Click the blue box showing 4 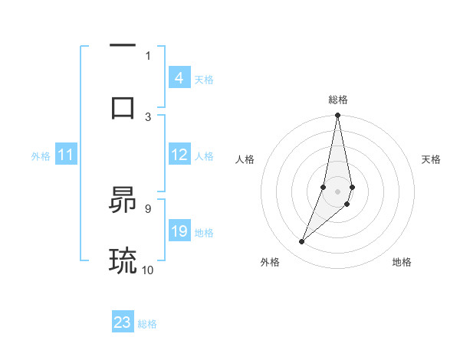pos(179,78)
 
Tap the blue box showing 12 pos(179,155)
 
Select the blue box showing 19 pos(179,231)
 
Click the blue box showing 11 pos(65,155)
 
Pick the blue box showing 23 pos(123,322)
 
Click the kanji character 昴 pos(123,201)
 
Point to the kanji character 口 pos(123,106)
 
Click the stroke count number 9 pos(147,208)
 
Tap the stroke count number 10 pos(148,270)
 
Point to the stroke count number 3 pos(148,116)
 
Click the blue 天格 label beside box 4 pos(204,79)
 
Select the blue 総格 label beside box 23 pos(147,324)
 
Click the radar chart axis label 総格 pos(337,100)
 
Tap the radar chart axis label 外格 pos(270,262)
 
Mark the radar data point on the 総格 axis pos(337,116)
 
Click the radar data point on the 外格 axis pos(301,242)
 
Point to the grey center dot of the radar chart pos(337,191)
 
